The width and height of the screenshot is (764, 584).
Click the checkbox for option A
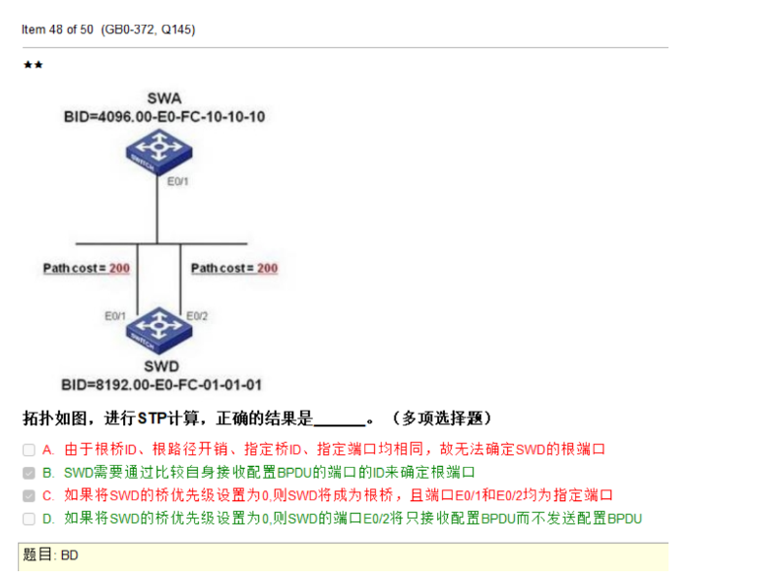[29, 449]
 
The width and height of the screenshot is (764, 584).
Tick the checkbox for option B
[29, 473]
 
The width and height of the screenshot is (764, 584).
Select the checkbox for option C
[29, 495]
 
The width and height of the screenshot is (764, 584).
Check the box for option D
[29, 518]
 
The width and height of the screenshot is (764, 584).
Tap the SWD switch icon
[159, 326]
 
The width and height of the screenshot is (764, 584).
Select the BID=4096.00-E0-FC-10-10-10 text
[163, 116]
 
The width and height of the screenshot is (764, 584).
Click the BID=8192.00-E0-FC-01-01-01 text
[161, 384]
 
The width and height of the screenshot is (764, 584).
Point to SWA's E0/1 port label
[178, 182]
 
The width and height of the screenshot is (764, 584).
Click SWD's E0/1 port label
[115, 316]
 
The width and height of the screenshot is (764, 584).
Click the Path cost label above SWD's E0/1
[86, 268]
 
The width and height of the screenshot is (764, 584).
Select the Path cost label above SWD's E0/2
[233, 268]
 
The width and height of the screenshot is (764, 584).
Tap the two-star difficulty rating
[32, 65]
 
